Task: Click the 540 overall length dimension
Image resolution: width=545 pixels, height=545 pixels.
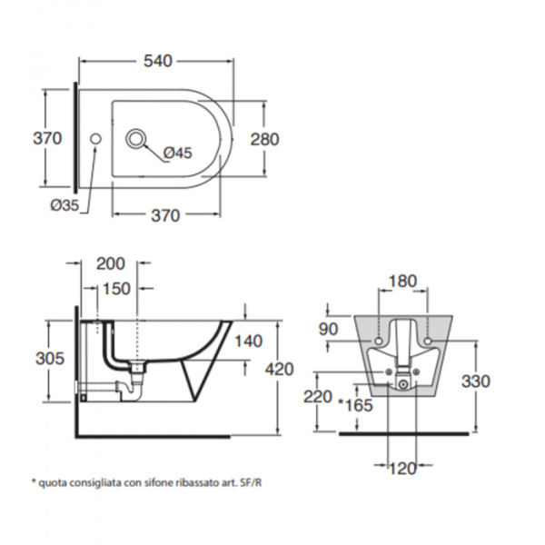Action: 158,61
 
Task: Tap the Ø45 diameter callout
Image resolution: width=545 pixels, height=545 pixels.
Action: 178,154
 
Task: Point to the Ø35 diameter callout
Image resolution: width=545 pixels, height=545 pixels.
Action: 64,206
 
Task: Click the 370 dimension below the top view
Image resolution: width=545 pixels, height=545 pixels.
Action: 165,215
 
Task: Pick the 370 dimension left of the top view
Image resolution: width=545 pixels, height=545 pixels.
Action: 46,139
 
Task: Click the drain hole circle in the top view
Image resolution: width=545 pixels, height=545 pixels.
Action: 136,139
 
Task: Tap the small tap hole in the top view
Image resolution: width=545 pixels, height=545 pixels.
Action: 96,139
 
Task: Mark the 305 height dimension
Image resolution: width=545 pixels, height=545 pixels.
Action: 49,359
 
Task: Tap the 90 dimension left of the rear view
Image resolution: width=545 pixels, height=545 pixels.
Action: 328,328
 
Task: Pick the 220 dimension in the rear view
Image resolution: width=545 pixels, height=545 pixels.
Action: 318,397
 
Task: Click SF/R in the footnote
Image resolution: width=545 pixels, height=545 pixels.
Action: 251,482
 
